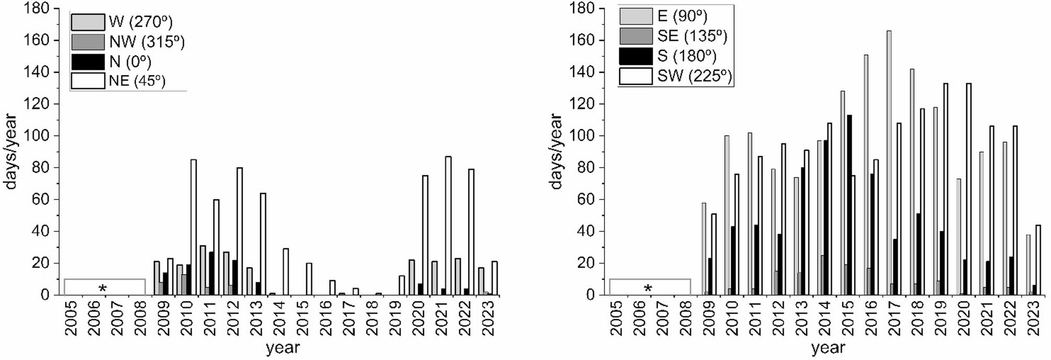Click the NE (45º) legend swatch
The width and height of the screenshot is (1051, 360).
point(88,81)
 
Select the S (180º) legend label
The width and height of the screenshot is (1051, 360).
point(687,56)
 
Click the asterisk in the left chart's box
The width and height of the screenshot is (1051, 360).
point(103,288)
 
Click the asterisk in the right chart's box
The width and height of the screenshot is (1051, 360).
point(648,288)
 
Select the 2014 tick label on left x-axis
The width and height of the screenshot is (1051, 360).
point(279,319)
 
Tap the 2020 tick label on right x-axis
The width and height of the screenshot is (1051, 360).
point(964,319)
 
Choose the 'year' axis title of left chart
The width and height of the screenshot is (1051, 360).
point(283,347)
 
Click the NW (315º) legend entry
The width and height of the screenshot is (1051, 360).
point(147,42)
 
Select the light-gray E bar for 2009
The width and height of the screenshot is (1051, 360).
point(705,249)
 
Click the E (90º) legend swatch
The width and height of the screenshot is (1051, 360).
point(636,16)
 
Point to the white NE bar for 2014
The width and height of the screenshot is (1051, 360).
point(286,272)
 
